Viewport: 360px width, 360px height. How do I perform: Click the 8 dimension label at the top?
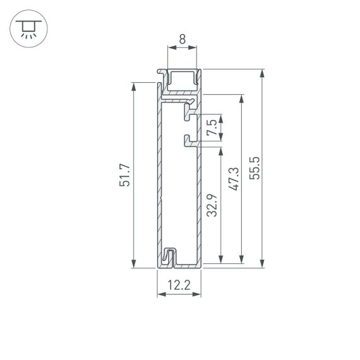(182, 39)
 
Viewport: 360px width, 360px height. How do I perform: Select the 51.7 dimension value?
(124, 175)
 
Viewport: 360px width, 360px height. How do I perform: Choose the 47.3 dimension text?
(233, 179)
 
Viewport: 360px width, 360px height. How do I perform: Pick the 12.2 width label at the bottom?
(179, 285)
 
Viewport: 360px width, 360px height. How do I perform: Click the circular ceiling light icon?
(27, 28)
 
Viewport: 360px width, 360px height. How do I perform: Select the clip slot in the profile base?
(169, 257)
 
